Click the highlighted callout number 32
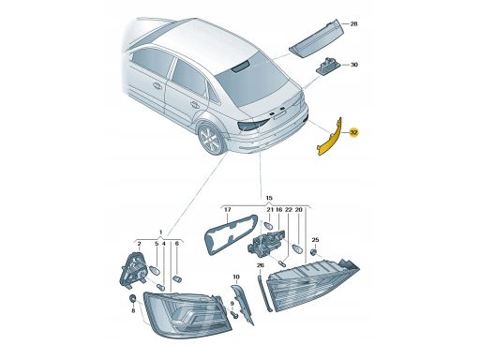353,132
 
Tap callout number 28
353,23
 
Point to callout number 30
353,65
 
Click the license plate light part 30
328,66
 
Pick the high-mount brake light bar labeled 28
316,38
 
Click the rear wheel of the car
209,138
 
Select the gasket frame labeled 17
231,233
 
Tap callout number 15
269,198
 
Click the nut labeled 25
314,251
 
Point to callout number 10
236,277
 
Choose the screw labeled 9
234,314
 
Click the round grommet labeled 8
132,298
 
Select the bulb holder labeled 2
133,268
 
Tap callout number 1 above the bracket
161,232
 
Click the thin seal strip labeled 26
264,292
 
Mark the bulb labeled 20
298,248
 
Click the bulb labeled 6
177,278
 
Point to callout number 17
227,210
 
